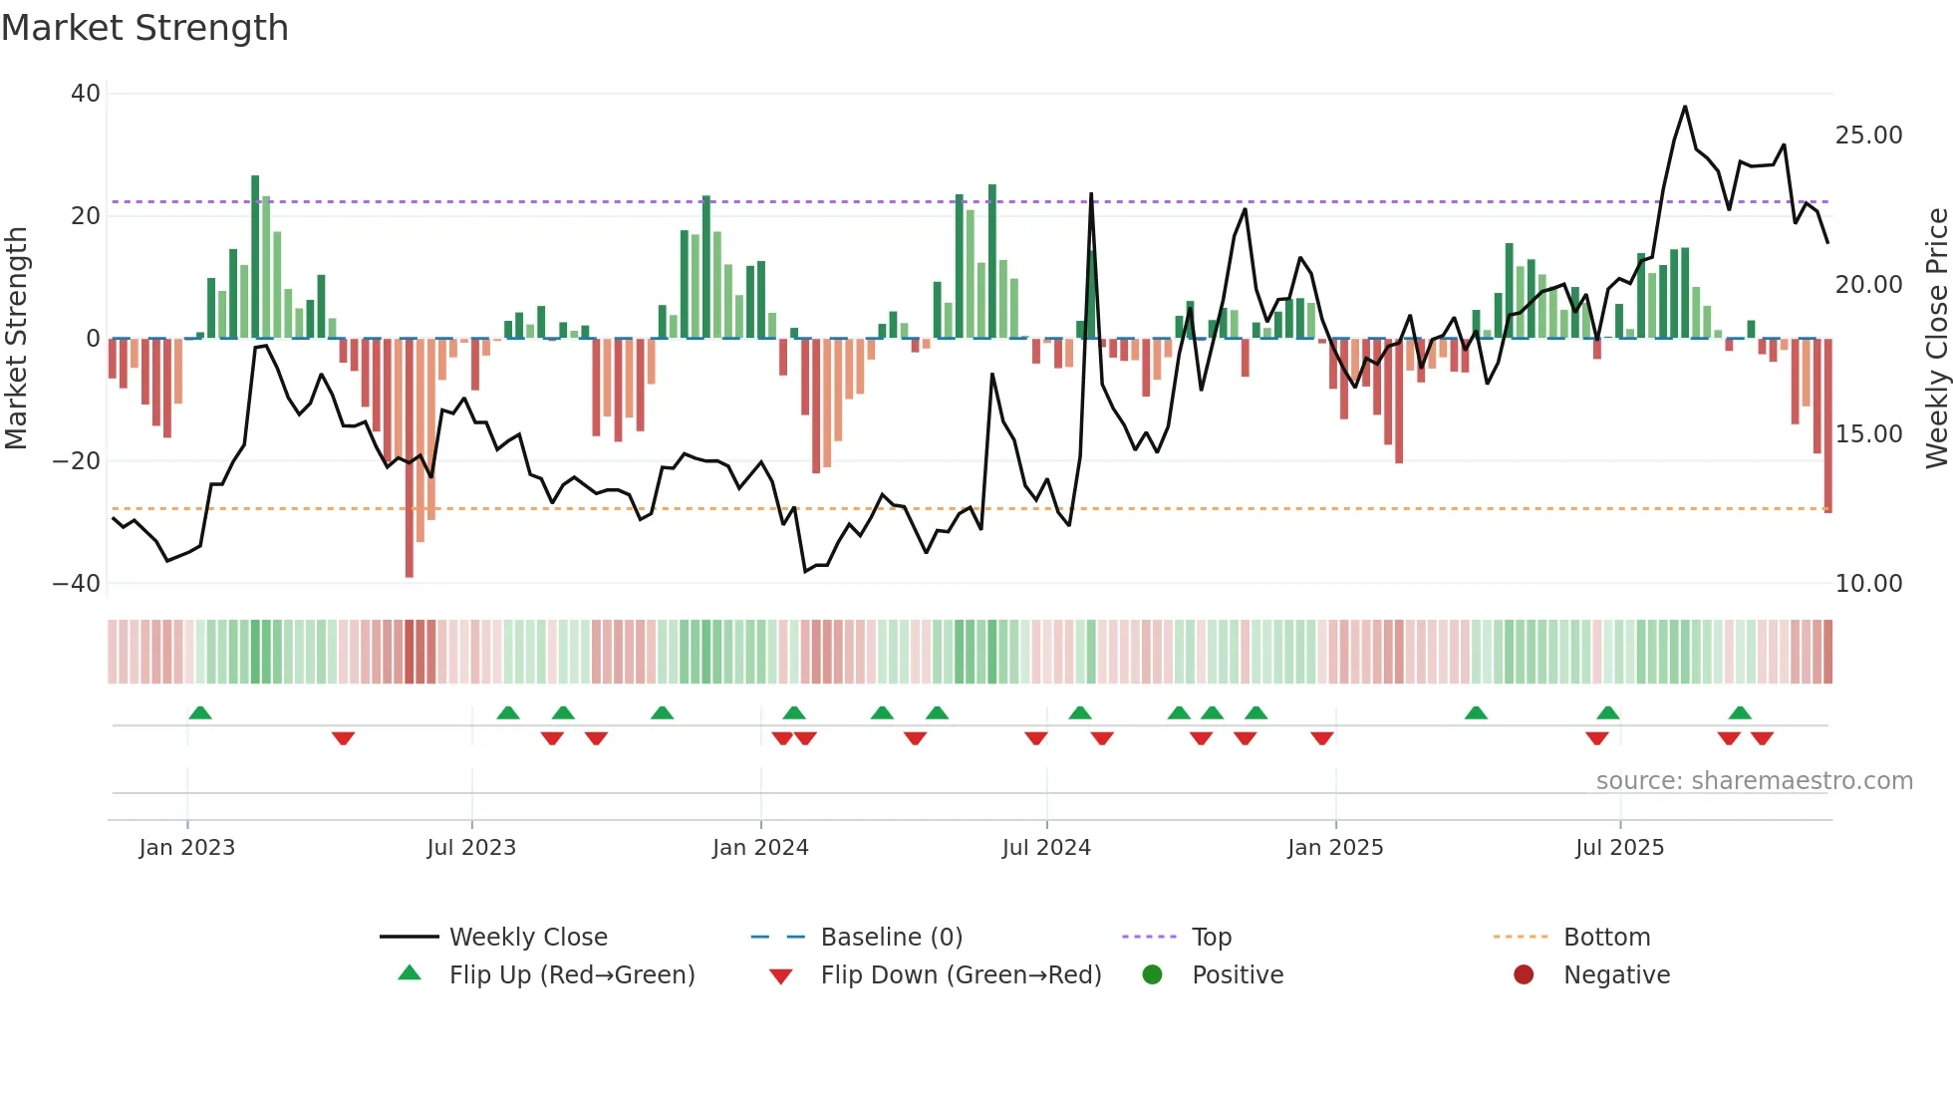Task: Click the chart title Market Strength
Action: click(x=144, y=28)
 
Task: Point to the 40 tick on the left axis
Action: click(x=86, y=94)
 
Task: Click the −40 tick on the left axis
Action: click(x=77, y=584)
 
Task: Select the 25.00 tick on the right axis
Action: click(x=1868, y=136)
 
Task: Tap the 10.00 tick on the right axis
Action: click(x=1868, y=584)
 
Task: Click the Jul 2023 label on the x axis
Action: click(x=471, y=848)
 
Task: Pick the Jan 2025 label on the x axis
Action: click(x=1335, y=848)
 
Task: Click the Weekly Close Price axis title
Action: click(x=1936, y=339)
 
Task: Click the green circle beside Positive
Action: click(x=1153, y=975)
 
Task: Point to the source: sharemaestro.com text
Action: click(x=1754, y=781)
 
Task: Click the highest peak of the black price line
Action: click(x=1685, y=107)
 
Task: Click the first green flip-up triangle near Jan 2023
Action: click(x=200, y=712)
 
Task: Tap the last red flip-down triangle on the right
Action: click(x=1762, y=738)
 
